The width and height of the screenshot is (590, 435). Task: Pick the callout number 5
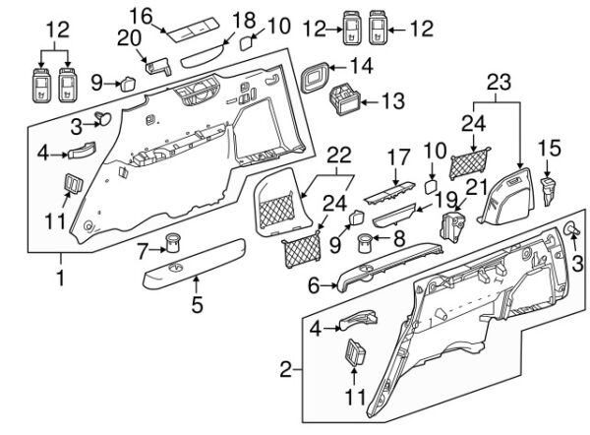tap(197, 304)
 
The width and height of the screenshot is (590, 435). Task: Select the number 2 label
tap(286, 370)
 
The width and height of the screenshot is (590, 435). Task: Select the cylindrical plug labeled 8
tap(366, 241)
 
